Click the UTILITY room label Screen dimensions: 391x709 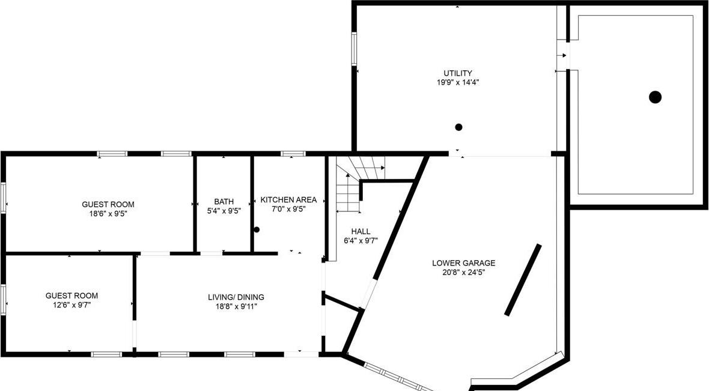click(x=458, y=73)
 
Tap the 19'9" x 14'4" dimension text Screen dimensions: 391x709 click(x=458, y=82)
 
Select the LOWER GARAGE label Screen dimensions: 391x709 click(x=463, y=262)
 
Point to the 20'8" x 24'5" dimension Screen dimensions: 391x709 click(x=463, y=272)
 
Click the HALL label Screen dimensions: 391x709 click(x=361, y=231)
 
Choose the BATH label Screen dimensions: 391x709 click(x=224, y=202)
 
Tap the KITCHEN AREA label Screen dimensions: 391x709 click(x=288, y=200)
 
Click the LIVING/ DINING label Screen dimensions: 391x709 click(x=236, y=297)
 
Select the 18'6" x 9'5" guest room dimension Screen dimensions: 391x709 click(x=108, y=213)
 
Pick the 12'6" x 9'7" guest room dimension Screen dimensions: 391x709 click(x=72, y=305)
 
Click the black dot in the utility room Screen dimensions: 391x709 click(x=458, y=127)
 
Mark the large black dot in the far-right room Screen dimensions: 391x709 click(x=655, y=97)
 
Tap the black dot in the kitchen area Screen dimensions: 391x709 click(x=257, y=229)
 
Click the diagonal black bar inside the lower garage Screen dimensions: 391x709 click(x=523, y=280)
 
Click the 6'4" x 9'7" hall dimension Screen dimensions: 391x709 click(x=361, y=241)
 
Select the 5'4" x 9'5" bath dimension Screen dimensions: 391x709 click(x=224, y=211)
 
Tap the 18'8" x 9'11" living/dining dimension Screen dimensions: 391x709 click(x=236, y=306)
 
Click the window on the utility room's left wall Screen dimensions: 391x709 click(x=354, y=49)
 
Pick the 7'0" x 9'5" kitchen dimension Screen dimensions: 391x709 click(x=288, y=210)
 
